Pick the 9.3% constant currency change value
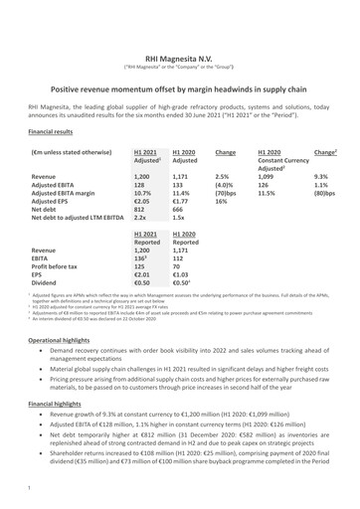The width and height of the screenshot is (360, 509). coord(320,174)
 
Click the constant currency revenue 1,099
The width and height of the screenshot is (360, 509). coord(268,174)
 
